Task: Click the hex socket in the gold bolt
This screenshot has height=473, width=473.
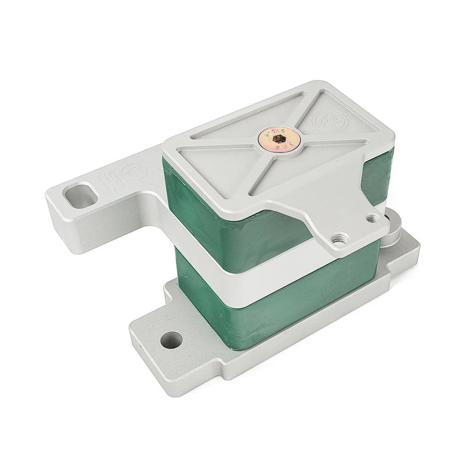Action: click(x=278, y=138)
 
